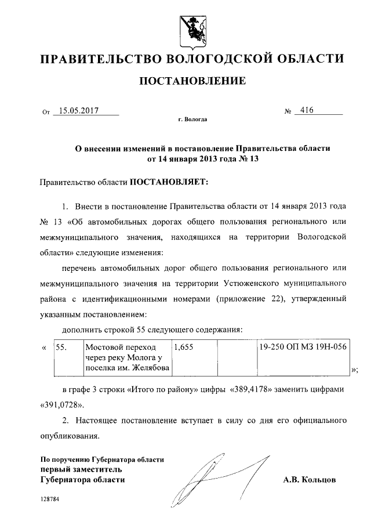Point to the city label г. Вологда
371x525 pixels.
(192, 120)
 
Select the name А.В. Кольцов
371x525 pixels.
(309, 480)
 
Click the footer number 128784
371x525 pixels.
(50, 499)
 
